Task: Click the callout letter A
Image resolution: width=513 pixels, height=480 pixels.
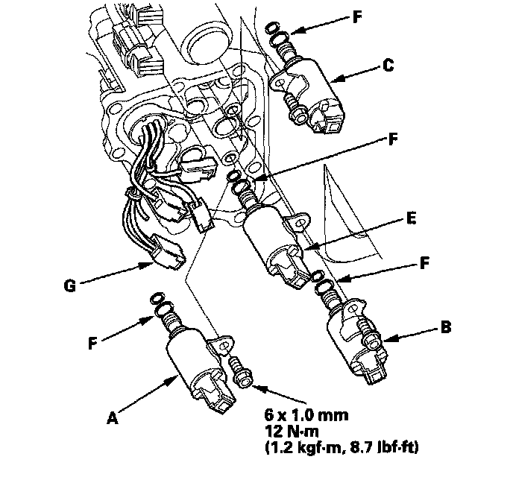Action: tap(112, 418)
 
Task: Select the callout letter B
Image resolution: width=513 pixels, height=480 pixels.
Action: tap(446, 327)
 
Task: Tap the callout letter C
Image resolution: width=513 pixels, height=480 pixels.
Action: tap(388, 66)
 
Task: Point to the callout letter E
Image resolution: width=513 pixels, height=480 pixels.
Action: tap(411, 218)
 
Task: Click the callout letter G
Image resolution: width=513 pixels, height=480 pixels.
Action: tap(69, 285)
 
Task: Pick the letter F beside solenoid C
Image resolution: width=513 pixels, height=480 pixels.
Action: tap(358, 17)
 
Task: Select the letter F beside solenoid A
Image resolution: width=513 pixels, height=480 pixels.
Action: tap(92, 344)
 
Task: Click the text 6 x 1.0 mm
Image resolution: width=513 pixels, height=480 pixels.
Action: tap(306, 415)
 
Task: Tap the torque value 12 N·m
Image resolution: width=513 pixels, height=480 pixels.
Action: tap(292, 432)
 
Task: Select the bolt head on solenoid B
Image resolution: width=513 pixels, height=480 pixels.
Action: tap(371, 341)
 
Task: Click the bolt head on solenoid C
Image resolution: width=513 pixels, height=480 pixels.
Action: tap(298, 116)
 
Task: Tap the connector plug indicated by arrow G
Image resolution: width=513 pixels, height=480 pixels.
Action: tap(166, 253)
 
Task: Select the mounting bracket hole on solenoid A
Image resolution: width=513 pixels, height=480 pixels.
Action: tap(224, 347)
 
